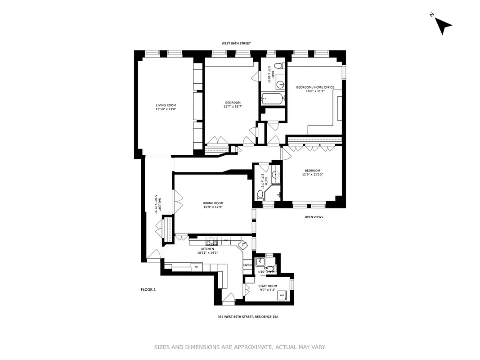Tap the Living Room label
166,105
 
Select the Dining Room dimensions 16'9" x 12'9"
212,207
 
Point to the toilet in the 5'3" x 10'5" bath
278,66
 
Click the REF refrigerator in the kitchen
196,267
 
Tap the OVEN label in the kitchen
247,265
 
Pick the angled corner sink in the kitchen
244,244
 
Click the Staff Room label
268,286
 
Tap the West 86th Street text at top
236,44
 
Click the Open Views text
314,217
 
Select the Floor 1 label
148,290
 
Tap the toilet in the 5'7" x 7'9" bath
260,194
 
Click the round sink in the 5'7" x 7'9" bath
276,175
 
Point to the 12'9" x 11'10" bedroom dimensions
314,175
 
